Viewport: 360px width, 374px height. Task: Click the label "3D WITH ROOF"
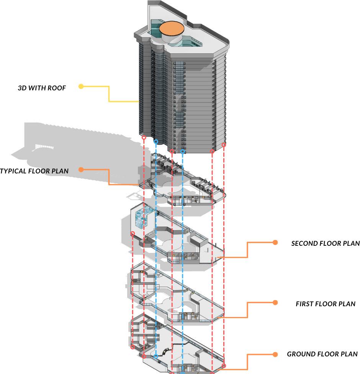click(x=42, y=88)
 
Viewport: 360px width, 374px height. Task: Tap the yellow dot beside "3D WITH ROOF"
click(x=81, y=87)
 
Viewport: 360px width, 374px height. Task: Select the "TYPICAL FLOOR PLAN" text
click(x=34, y=171)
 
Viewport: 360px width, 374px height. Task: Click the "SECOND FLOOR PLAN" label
click(x=325, y=243)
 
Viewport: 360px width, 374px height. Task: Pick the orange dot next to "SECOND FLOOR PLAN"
click(x=275, y=242)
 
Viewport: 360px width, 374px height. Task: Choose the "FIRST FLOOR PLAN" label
click(x=325, y=304)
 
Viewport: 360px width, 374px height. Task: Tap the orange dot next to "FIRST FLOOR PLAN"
click(x=275, y=303)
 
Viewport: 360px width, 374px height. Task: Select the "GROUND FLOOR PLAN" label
click(x=322, y=354)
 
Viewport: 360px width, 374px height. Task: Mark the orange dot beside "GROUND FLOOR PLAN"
click(x=275, y=354)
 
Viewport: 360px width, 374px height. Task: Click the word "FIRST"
click(x=305, y=304)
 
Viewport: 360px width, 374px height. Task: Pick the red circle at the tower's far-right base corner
click(x=224, y=145)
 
